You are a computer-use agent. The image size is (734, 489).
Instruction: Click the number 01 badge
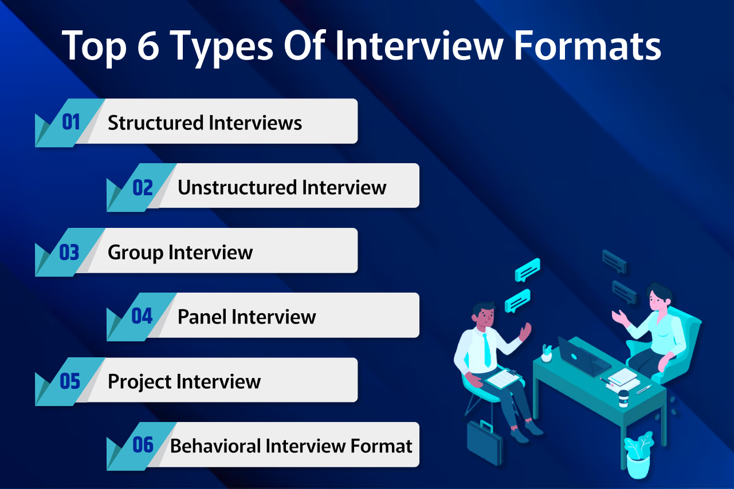pos(70,122)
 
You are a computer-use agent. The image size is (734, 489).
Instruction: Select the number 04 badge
pos(142,316)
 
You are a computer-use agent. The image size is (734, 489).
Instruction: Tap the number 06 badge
pos(143,445)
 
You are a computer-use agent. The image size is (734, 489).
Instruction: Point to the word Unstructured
pos(237,187)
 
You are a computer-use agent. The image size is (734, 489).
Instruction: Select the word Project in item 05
pos(139,382)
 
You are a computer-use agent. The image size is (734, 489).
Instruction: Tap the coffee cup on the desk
pos(623,397)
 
